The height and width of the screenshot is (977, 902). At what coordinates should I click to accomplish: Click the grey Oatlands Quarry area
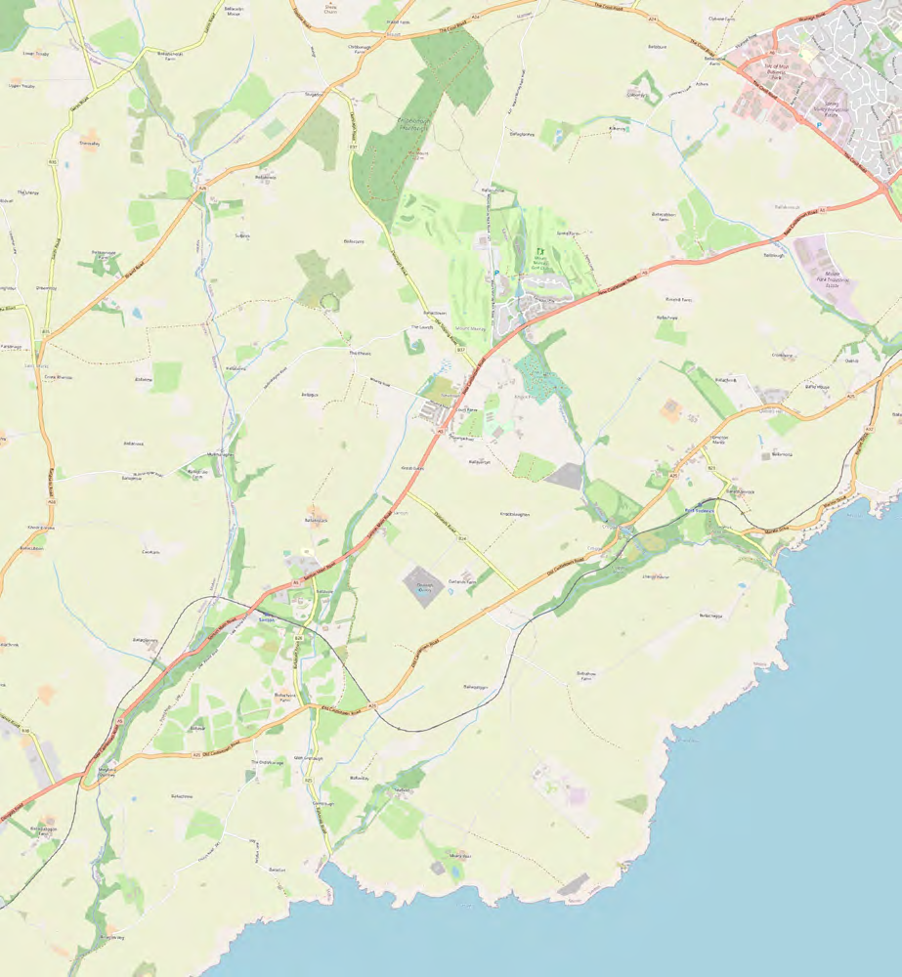click(422, 586)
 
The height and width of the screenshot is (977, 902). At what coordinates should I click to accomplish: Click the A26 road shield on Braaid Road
click(202, 189)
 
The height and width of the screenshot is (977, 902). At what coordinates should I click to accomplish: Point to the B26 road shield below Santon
click(299, 638)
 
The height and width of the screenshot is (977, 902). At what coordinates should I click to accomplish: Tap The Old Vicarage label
click(266, 762)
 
